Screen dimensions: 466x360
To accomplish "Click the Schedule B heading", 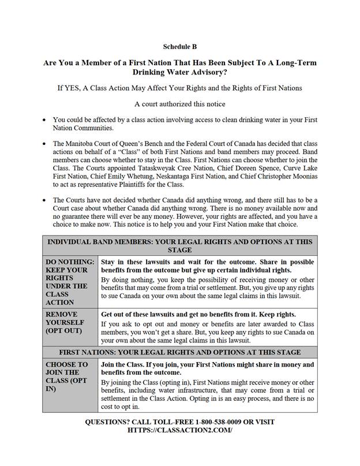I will tap(179, 47).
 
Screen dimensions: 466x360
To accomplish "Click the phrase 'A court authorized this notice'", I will tap(179, 104).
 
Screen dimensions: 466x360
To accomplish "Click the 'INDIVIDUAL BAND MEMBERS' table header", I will tap(179, 246).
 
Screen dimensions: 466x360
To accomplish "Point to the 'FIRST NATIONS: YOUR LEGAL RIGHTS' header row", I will tap(179, 352).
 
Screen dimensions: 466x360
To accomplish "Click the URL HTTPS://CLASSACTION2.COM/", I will tap(179, 431).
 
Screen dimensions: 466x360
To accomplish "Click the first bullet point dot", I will tap(44, 120).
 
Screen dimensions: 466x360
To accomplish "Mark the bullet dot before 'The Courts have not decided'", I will tap(44, 200).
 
